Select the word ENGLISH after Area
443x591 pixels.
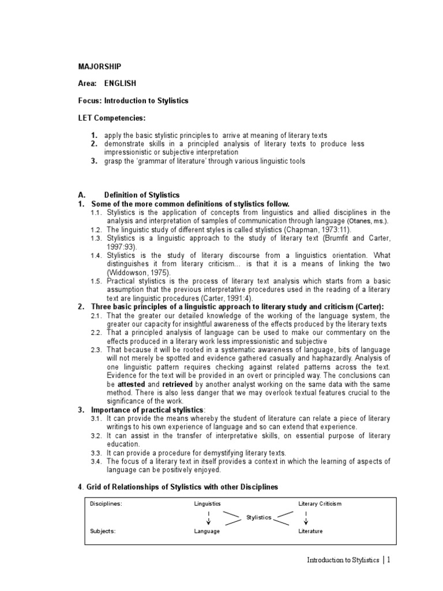tap(120, 83)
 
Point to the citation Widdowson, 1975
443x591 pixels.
tap(133, 272)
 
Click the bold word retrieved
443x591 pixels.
tap(177, 384)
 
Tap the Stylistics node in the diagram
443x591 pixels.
tap(258, 517)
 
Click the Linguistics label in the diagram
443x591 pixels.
tap(208, 503)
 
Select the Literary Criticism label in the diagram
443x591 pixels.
tap(320, 503)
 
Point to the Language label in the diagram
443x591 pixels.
tap(207, 531)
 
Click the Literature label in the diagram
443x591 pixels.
tap(310, 531)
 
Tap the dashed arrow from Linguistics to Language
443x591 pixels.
tap(208, 517)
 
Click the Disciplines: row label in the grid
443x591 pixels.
tap(106, 503)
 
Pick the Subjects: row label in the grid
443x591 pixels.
tap(103, 531)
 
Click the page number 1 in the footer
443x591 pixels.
tap(389, 560)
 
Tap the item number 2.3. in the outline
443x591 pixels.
tap(97, 350)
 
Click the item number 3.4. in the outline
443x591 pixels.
tap(97, 461)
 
